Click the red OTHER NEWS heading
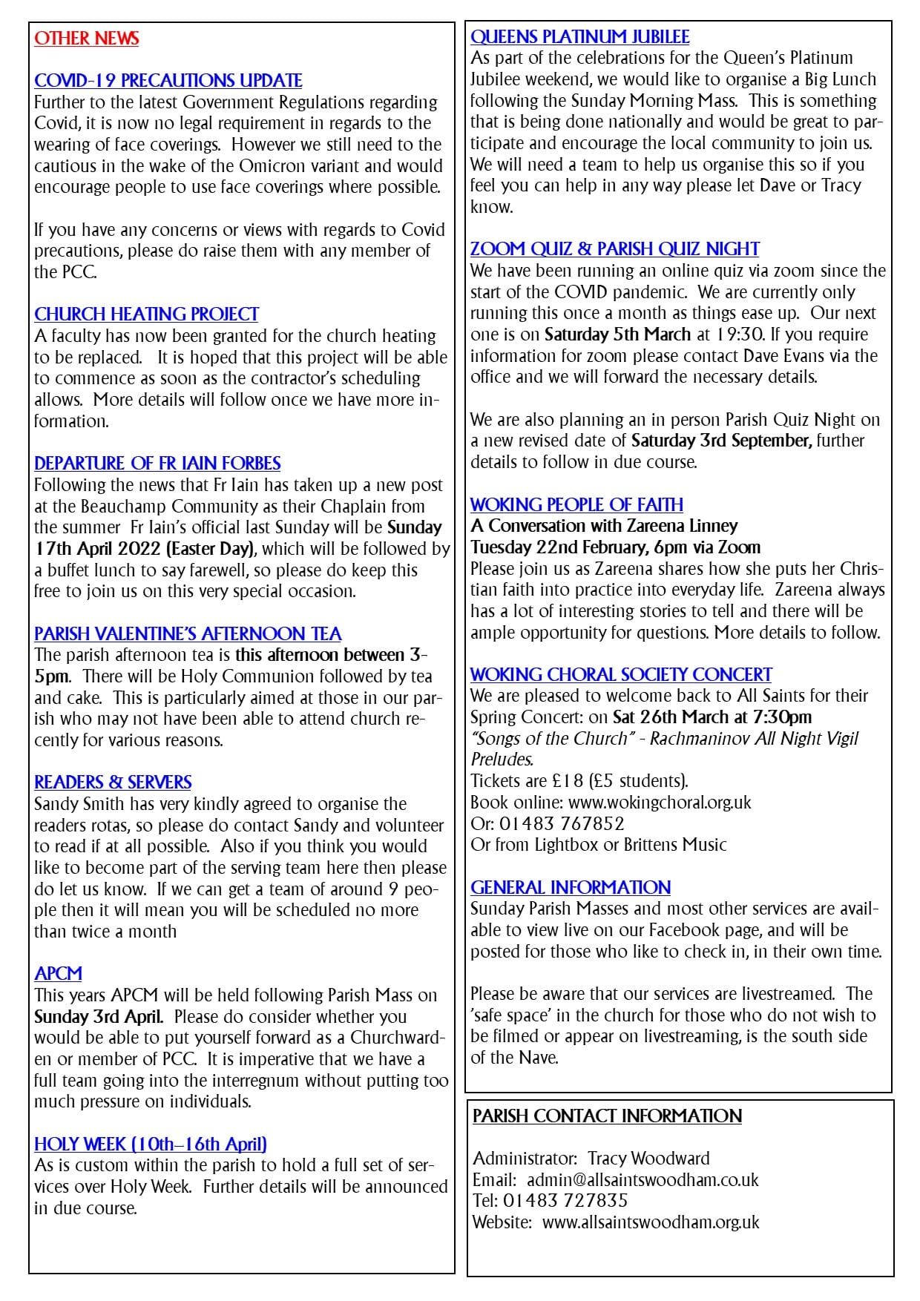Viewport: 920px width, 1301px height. click(x=86, y=39)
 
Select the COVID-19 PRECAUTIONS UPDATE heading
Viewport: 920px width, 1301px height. click(x=168, y=81)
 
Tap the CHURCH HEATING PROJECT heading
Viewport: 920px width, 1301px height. click(x=146, y=314)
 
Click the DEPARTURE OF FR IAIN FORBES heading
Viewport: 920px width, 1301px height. click(x=157, y=464)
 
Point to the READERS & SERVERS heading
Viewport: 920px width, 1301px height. click(x=113, y=783)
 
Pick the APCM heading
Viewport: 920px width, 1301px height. click(x=58, y=974)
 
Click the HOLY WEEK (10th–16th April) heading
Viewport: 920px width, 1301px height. click(x=151, y=1144)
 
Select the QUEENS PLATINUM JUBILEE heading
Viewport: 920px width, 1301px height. click(x=579, y=37)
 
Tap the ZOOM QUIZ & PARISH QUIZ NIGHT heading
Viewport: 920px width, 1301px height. click(x=614, y=249)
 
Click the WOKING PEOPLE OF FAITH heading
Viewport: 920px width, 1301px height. click(x=576, y=505)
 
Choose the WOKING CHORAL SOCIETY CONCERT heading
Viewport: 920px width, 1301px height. click(x=621, y=675)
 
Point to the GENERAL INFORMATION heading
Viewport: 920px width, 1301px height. click(x=570, y=888)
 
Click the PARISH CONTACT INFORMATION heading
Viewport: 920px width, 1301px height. click(x=607, y=1116)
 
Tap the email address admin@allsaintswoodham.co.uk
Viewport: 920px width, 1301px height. click(x=643, y=1180)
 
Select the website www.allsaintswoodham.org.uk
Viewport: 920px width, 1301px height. click(x=651, y=1222)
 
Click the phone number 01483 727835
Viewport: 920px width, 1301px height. click(x=565, y=1201)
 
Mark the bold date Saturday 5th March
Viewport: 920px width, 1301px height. click(x=617, y=335)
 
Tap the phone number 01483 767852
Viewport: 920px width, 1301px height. click(x=562, y=823)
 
